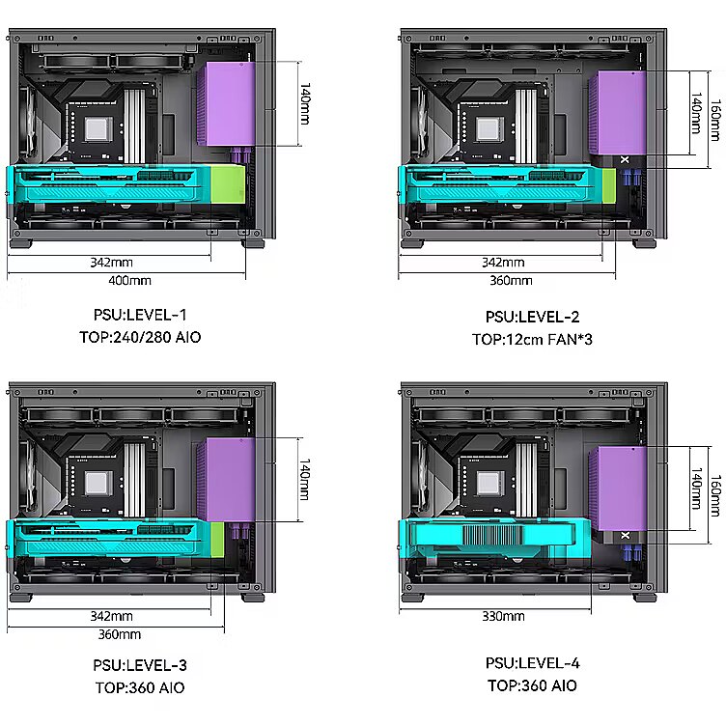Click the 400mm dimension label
[x=129, y=281]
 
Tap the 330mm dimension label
[x=503, y=616]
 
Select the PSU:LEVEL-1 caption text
[x=140, y=315]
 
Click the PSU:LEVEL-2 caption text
[x=533, y=317]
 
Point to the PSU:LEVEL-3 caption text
[x=140, y=665]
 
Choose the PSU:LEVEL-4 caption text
[x=533, y=663]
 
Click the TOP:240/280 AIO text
[x=140, y=337]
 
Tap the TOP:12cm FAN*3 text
[x=533, y=340]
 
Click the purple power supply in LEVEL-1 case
[x=227, y=104]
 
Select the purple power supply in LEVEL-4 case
[x=618, y=489]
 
